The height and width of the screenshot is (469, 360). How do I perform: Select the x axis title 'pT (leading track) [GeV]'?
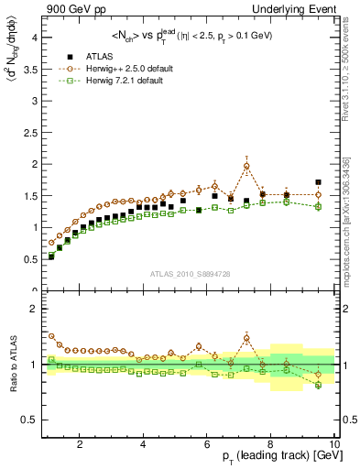[281, 456]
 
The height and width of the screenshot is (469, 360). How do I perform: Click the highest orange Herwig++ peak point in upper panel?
[246, 166]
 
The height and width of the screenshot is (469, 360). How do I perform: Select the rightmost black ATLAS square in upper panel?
[318, 182]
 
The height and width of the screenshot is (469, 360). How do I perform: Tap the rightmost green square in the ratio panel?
[318, 386]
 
